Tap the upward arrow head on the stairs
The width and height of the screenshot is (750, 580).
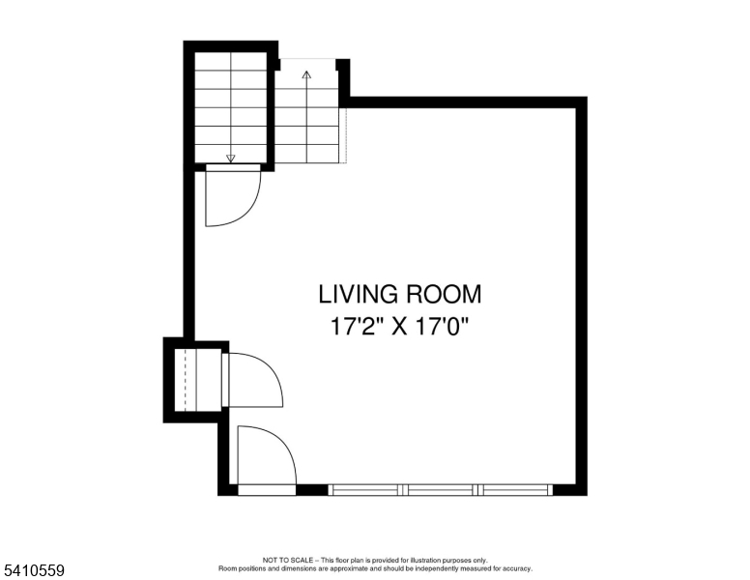coord(307,73)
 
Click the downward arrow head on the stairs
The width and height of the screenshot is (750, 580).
coord(230,159)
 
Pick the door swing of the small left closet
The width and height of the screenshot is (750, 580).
coord(254,380)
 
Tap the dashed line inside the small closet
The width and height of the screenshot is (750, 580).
coord(183,381)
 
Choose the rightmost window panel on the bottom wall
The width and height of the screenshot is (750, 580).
coord(517,490)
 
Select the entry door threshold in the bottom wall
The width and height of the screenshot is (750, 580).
coord(267,490)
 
